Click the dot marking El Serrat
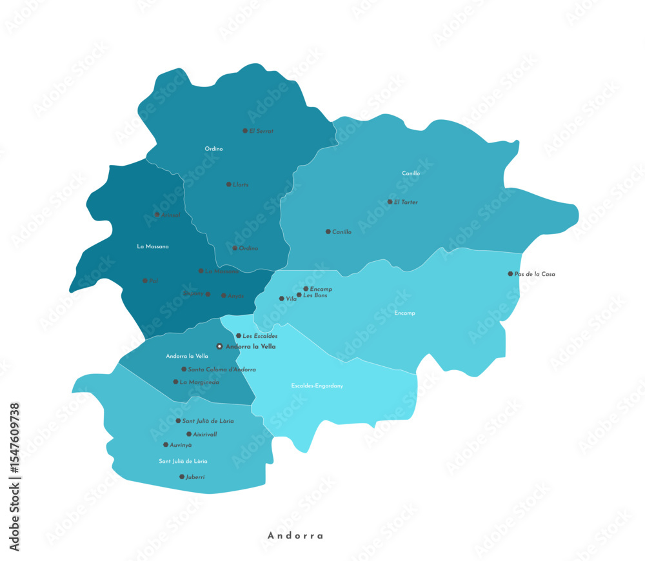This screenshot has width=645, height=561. (x=245, y=131)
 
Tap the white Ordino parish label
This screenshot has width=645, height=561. (x=213, y=149)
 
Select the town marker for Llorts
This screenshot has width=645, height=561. (x=228, y=184)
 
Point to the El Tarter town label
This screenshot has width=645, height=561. (x=406, y=202)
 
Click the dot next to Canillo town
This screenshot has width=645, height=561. (x=328, y=231)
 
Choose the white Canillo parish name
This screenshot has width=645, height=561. (x=411, y=173)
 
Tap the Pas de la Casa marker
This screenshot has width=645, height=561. (x=510, y=274)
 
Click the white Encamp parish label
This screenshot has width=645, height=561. (x=404, y=313)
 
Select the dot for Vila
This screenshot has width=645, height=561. (x=281, y=299)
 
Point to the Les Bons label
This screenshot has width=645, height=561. (x=315, y=295)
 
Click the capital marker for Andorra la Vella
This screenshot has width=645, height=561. (x=219, y=346)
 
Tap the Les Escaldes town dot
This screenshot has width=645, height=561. (x=238, y=336)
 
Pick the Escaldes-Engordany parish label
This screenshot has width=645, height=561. (x=317, y=386)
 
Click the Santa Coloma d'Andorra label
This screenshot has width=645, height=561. (x=221, y=369)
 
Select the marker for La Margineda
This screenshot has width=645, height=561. (x=175, y=382)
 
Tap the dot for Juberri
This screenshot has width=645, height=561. (x=181, y=477)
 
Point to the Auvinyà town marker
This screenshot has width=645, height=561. (x=166, y=445)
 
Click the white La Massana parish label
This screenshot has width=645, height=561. (x=152, y=246)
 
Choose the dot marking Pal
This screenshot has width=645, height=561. (x=144, y=280)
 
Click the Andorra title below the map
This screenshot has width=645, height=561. (x=295, y=535)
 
